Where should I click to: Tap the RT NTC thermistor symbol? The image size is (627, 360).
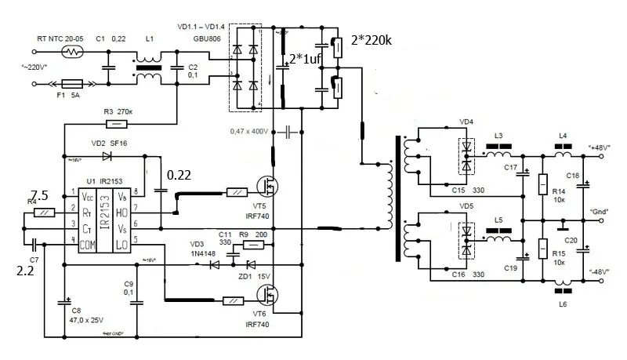[x=72, y=54]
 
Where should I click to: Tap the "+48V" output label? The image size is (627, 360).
[x=600, y=146]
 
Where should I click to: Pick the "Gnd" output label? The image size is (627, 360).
[x=600, y=211]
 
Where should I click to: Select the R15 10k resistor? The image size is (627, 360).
[x=542, y=247]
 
